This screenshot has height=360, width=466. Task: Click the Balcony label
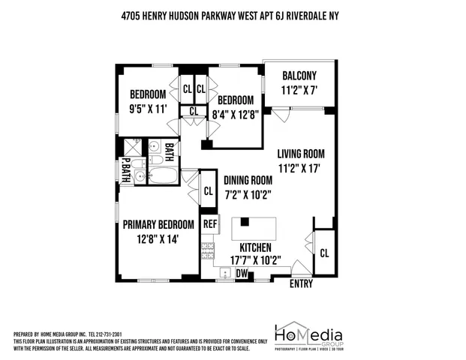pyautogui.click(x=299, y=75)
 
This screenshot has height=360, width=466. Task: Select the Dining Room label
pyautogui.click(x=247, y=180)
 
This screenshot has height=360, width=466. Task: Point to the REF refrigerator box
pyautogui.click(x=210, y=223)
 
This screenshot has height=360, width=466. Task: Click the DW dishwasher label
pyautogui.click(x=242, y=274)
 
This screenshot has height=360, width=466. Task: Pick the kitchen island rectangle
pyautogui.click(x=254, y=226)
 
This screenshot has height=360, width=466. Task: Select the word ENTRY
pyautogui.click(x=302, y=283)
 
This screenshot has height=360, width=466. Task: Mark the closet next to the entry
pyautogui.click(x=324, y=253)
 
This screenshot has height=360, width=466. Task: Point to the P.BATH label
pyautogui.click(x=126, y=170)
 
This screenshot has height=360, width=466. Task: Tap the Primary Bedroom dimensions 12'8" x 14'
pyautogui.click(x=158, y=240)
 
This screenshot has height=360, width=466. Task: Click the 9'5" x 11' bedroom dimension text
pyautogui.click(x=147, y=108)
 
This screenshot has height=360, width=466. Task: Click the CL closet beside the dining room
pyautogui.click(x=208, y=191)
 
